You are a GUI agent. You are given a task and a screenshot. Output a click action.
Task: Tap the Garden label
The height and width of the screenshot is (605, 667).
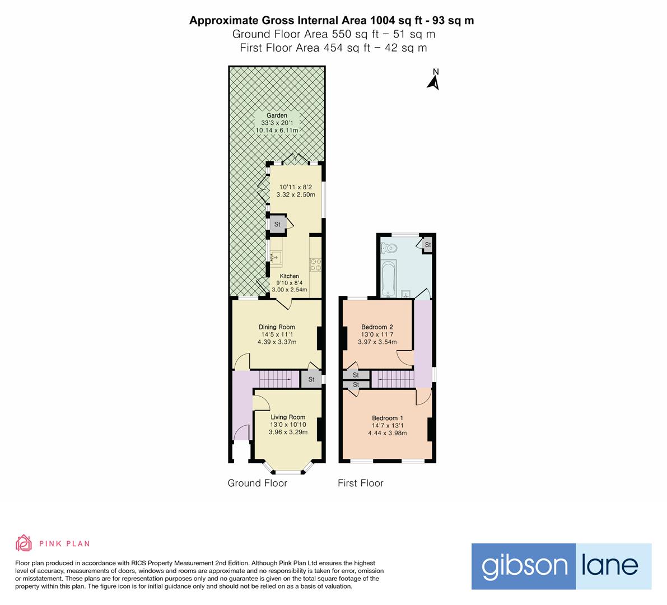tap(277, 115)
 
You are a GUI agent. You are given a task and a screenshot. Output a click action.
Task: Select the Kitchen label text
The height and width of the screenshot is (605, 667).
tap(290, 276)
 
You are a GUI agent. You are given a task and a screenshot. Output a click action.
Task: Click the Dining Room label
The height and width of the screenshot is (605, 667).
tap(277, 327)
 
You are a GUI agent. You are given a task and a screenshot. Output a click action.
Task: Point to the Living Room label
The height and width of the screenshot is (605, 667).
tap(288, 417)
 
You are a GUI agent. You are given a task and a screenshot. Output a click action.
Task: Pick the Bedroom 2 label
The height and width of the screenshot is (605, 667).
tap(377, 327)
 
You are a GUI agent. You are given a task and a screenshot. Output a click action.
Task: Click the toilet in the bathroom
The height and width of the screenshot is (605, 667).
tap(389, 248)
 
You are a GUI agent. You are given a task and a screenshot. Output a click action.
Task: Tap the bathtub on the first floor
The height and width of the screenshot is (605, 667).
tap(388, 278)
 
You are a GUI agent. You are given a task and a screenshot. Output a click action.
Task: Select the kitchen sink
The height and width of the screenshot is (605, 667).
tap(275, 257)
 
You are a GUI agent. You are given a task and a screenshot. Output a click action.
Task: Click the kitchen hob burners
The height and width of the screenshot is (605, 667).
tap(315, 264)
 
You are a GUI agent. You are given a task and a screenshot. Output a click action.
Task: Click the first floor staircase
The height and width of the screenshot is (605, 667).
tap(393, 379)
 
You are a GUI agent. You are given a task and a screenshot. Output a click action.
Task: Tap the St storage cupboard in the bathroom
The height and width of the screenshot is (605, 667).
tap(427, 245)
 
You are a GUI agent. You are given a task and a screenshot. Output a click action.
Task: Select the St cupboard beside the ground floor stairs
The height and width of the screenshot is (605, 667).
tap(311, 379)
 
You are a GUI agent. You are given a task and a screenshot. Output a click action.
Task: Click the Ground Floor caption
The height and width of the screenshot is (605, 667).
tap(258, 483)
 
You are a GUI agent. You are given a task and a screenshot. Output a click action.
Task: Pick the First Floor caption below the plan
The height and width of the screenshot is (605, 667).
tap(361, 483)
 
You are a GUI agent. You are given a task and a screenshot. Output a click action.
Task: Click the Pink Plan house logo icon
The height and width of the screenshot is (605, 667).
tap(24, 543)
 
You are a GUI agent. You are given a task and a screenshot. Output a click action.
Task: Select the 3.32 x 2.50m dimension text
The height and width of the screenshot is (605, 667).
tap(296, 194)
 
